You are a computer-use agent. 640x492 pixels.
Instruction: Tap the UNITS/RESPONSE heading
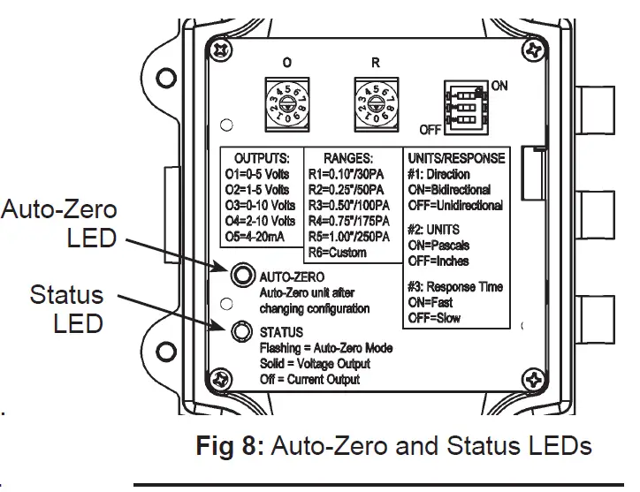click(x=455, y=158)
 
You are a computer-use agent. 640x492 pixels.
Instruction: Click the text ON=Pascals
click(x=438, y=246)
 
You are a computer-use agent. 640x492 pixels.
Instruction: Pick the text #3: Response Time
click(x=454, y=287)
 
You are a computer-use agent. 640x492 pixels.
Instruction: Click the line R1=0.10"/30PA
click(x=351, y=174)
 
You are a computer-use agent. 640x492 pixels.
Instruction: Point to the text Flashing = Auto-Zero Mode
click(x=326, y=349)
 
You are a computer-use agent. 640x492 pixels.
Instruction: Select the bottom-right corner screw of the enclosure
click(x=533, y=382)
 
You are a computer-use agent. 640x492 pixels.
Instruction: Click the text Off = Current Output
click(x=309, y=379)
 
